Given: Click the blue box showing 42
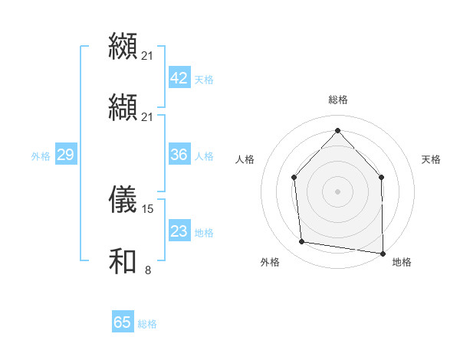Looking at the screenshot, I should click(179, 79).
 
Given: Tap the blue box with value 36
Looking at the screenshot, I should click(179, 155).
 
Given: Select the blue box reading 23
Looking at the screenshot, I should click(179, 231).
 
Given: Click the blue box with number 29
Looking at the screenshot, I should click(65, 155).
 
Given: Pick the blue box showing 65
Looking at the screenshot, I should click(123, 322).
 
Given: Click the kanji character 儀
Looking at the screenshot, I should click(123, 199).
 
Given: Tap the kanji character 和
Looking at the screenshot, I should click(123, 260).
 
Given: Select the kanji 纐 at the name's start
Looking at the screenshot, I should click(123, 47).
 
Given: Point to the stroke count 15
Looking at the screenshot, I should click(148, 208).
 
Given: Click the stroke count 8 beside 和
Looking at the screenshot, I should click(147, 270).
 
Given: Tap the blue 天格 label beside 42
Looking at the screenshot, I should click(203, 80).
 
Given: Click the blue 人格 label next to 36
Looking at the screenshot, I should click(203, 155).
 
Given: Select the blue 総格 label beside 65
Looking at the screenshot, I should click(147, 324).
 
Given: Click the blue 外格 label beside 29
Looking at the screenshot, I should click(41, 155).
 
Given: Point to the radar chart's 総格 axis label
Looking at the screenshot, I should click(337, 100).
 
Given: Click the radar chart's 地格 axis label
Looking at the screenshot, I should click(402, 262).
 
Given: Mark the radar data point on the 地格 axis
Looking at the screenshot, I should click(383, 253).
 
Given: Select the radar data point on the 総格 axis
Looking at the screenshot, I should click(337, 130).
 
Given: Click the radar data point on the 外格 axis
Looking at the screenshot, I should click(302, 242).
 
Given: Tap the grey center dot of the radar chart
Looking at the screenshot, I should click(337, 191).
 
